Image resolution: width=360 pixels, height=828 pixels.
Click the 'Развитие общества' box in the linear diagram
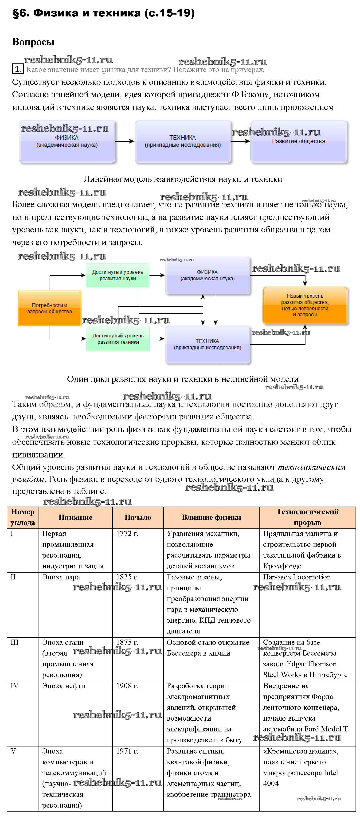click(x=299, y=141)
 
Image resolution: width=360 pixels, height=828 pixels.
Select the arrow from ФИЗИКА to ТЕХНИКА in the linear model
click(x=124, y=141)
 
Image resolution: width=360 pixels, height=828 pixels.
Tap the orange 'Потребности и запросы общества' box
click(x=50, y=308)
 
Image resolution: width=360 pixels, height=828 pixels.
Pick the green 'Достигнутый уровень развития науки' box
click(x=118, y=275)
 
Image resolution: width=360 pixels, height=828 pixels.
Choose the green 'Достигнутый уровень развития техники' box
click(x=118, y=339)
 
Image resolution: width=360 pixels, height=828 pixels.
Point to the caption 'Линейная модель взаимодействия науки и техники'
click(x=183, y=179)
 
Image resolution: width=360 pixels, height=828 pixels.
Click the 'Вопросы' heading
click(x=33, y=42)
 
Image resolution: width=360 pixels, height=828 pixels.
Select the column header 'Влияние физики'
click(x=211, y=517)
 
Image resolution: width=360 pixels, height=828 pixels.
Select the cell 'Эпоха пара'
click(x=61, y=577)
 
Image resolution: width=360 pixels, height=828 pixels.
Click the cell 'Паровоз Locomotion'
click(x=297, y=577)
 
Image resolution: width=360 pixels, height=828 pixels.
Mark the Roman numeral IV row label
click(x=15, y=686)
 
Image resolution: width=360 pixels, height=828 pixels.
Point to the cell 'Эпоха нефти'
click(x=64, y=686)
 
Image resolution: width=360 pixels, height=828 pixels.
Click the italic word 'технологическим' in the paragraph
click(x=311, y=467)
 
